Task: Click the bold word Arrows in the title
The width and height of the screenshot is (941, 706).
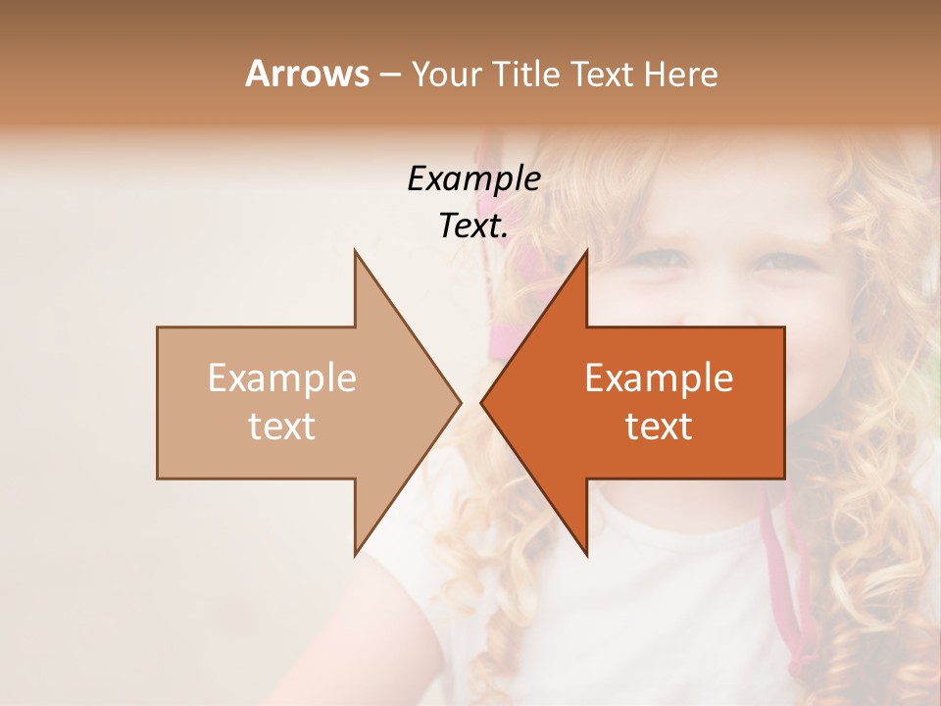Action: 308,74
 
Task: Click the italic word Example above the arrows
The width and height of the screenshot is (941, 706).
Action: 473,178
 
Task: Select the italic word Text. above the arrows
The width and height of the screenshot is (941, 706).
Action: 473,226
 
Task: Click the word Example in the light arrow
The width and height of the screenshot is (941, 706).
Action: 282,378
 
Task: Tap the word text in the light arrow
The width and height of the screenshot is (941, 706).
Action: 282,426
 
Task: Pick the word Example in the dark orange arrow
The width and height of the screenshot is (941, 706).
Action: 659,378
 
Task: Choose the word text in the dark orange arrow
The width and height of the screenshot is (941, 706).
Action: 659,426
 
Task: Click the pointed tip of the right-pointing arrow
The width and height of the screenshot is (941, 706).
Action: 460,402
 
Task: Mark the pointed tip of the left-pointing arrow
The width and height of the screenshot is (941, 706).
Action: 481,402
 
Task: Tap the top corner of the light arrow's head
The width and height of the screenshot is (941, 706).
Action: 355,251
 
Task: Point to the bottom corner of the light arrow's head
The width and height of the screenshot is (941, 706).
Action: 355,554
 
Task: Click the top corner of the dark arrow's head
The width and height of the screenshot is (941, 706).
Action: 586,251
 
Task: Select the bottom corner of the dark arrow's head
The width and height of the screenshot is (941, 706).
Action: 586,554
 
